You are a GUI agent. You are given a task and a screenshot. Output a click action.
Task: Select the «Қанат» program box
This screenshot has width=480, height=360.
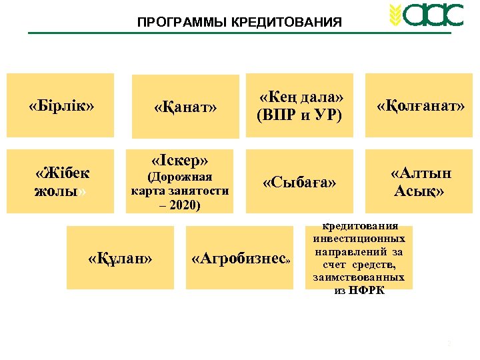[185, 107]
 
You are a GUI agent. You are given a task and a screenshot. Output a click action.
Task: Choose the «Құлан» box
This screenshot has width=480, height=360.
[120, 258]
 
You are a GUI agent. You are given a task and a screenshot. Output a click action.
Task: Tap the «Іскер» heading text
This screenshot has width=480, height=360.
[180, 161]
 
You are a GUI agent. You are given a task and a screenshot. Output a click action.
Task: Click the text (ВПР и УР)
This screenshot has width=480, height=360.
[299, 115]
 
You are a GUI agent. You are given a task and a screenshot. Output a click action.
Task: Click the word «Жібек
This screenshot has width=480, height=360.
[62, 173]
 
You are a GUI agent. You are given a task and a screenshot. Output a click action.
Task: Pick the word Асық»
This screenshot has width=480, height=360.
[419, 191]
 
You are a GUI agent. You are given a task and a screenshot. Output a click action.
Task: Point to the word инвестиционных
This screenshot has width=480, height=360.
[359, 237]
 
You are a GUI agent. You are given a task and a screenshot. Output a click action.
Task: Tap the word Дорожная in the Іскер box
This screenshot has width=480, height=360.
[181, 177]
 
